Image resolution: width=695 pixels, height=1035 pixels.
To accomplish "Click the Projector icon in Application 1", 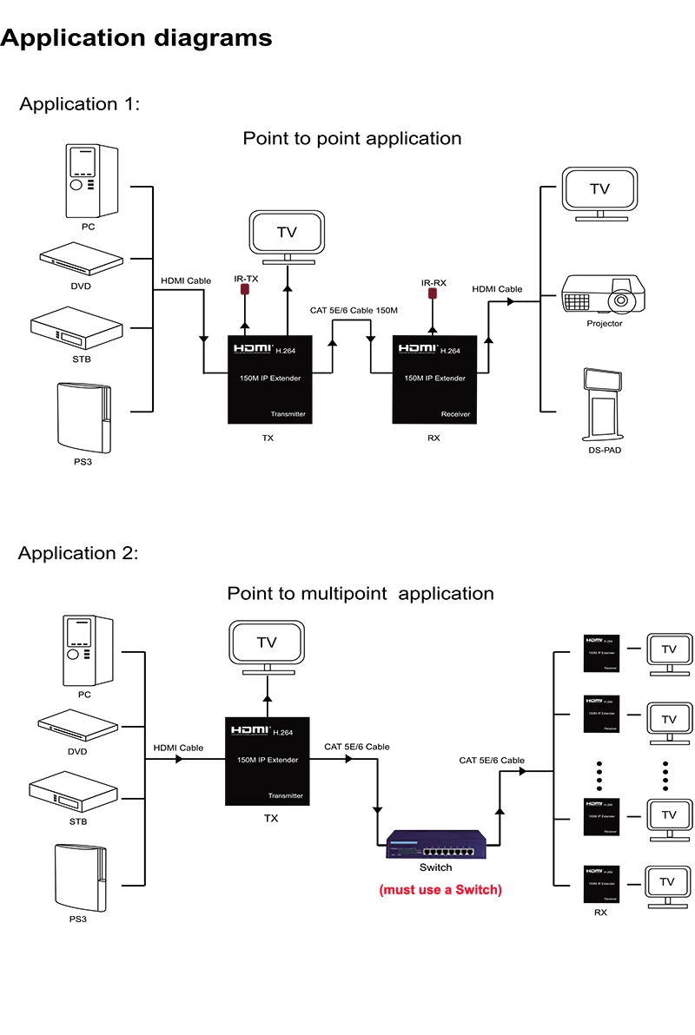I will [604, 295].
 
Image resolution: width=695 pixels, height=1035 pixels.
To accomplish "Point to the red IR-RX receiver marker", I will [432, 293].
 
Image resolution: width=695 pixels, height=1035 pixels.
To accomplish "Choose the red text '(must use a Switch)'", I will [440, 890].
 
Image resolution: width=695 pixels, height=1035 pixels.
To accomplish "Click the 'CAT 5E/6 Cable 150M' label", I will [354, 310].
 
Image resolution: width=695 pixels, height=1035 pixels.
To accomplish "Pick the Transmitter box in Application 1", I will [269, 379].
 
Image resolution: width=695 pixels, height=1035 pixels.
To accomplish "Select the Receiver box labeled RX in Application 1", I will [434, 379].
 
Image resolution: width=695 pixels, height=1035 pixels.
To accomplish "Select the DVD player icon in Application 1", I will [82, 259].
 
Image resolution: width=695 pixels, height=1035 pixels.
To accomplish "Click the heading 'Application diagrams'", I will [136, 38].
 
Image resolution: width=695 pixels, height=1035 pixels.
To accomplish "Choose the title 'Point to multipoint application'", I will [360, 594].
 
